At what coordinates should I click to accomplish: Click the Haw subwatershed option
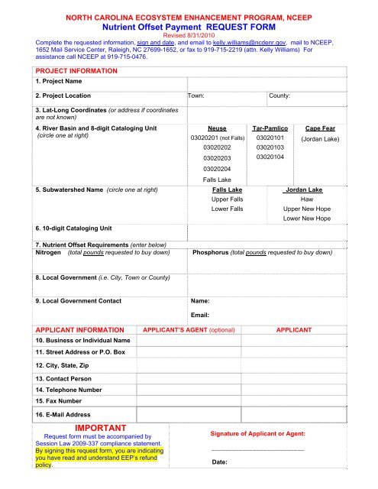click(x=307, y=199)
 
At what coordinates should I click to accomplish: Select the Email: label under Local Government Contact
click(x=200, y=315)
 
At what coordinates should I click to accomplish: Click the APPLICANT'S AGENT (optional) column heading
click(x=189, y=329)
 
